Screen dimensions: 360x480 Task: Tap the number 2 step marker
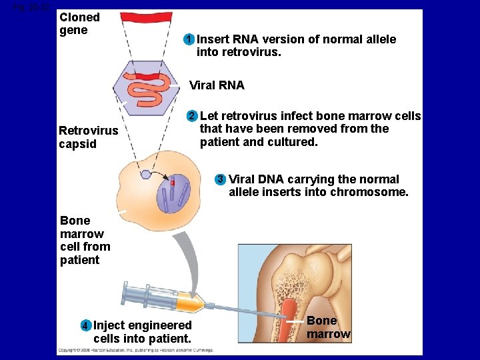point(192,117)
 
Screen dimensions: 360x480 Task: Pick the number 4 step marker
point(85,326)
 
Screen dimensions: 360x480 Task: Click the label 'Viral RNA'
point(217,85)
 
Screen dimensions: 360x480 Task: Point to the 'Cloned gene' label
point(79,24)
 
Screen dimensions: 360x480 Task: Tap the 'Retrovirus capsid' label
point(88,137)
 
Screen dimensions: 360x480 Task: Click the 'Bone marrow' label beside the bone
point(328,327)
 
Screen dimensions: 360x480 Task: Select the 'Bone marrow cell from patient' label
point(85,240)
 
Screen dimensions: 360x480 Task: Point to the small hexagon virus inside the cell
point(145,175)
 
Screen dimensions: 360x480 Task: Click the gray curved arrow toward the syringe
point(193,260)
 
